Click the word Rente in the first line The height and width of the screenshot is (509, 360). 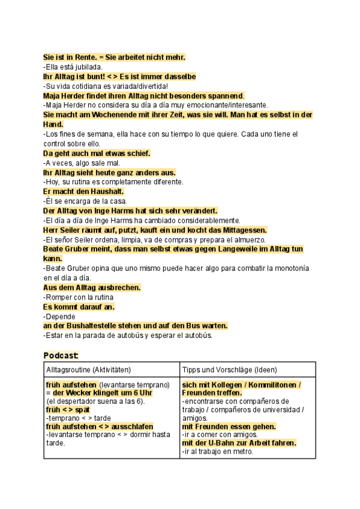[82, 57]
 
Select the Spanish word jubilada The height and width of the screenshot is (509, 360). [91, 67]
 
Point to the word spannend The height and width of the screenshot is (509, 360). [224, 95]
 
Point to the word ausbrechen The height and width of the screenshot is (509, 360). [119, 288]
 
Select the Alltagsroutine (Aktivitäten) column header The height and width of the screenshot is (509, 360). [88, 370]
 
